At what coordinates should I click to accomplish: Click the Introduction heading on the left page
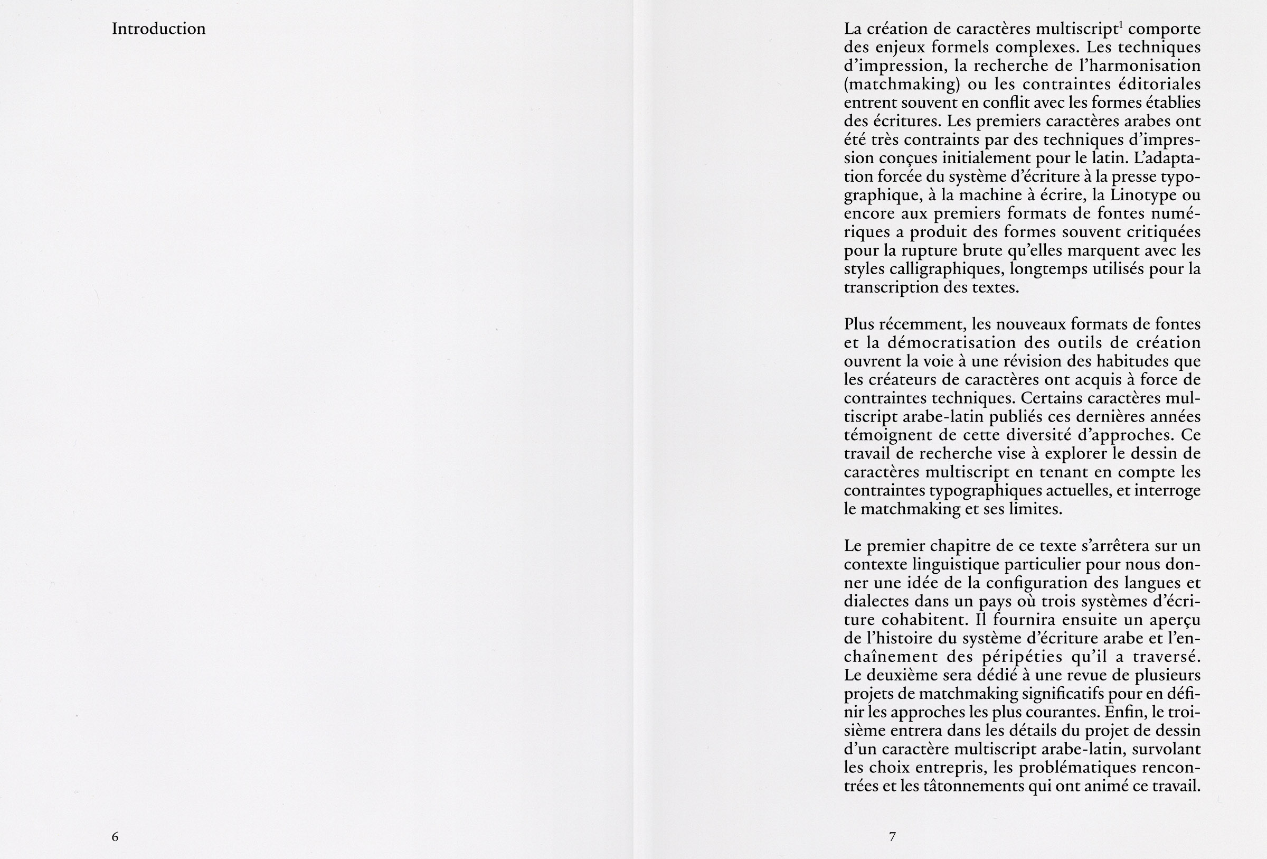[x=159, y=29]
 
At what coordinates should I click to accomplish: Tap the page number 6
[x=115, y=837]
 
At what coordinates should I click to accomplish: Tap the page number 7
[x=893, y=837]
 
